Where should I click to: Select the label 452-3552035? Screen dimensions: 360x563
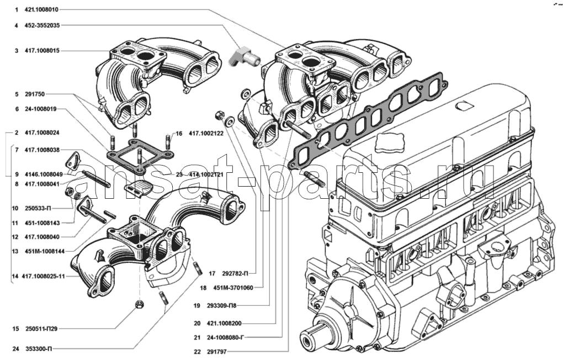point(42,25)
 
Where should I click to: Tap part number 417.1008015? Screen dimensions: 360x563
point(41,51)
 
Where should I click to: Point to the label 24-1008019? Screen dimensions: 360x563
point(41,109)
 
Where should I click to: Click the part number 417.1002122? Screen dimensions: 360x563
point(206,133)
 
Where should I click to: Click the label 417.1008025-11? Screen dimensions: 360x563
point(44,276)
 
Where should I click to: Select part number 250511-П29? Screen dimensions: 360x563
point(41,329)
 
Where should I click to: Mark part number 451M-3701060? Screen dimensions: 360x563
point(234,288)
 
